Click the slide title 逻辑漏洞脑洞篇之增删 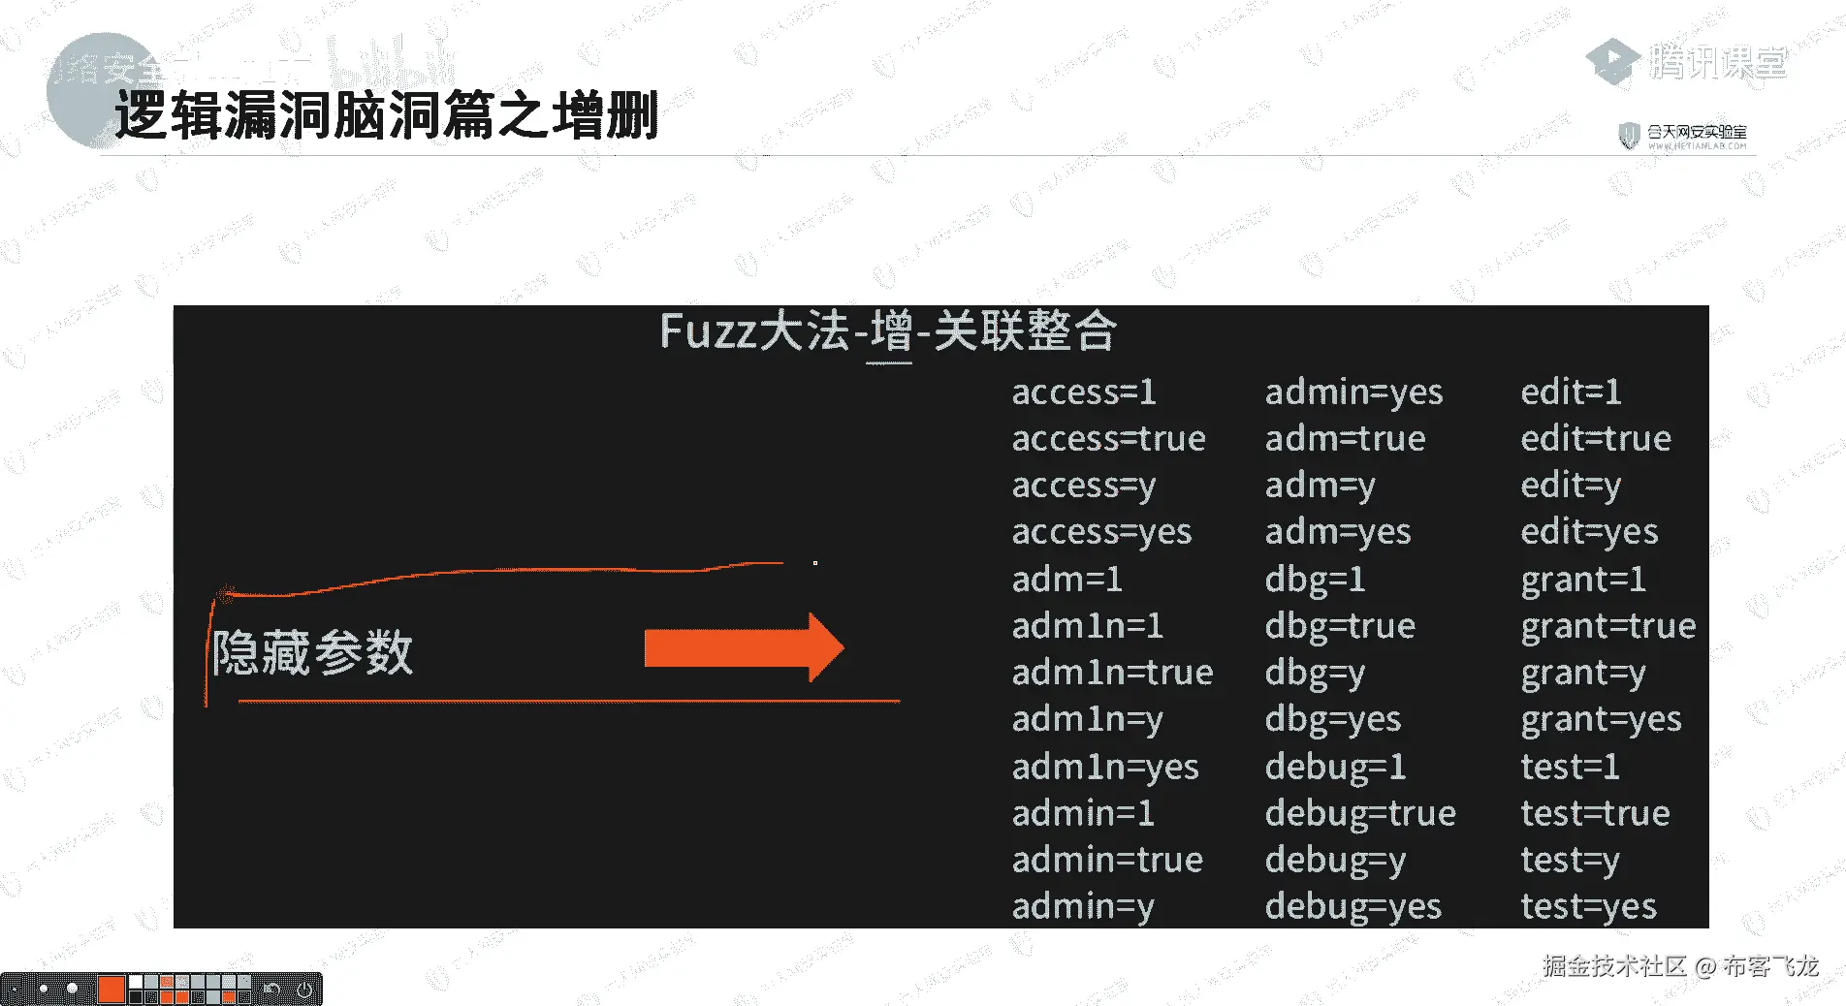tap(386, 115)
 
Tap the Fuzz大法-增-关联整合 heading tap(887, 330)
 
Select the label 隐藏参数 tap(312, 651)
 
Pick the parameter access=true tap(1108, 438)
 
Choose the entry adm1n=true tap(1112, 672)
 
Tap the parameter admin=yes tap(1353, 392)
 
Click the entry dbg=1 tap(1315, 579)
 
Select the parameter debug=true tap(1359, 812)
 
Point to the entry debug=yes tap(1353, 906)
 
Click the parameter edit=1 tap(1571, 392)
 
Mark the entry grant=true tap(1607, 625)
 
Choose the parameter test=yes tap(1588, 906)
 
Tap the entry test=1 tap(1570, 766)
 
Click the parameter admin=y tap(1083, 906)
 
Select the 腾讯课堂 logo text tap(1716, 62)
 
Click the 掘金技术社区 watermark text tap(1614, 965)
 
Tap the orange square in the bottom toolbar tap(111, 989)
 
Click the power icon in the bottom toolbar tap(304, 990)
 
